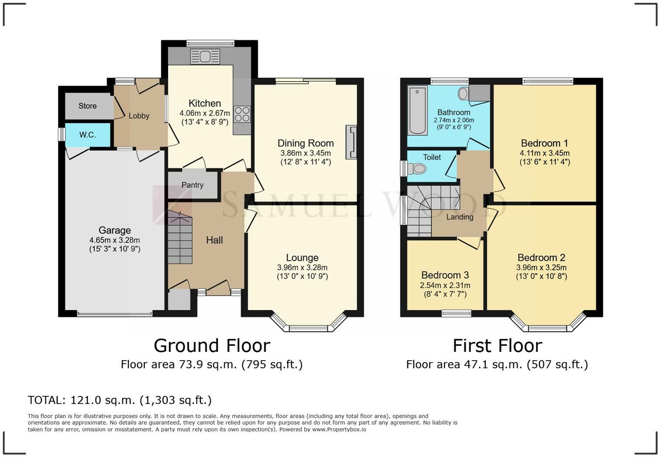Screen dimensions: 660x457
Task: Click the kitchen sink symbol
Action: pos(205,56)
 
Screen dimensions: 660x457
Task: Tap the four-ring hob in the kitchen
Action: pos(242,114)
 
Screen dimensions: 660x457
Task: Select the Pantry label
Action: pos(192,185)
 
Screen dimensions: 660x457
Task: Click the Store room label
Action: pos(87,106)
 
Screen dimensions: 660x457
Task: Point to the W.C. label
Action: pos(87,135)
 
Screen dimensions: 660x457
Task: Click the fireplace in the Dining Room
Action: pos(351,142)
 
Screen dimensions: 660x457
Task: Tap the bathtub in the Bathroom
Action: pos(417,110)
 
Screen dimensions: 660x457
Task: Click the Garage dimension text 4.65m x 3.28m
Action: pos(115,240)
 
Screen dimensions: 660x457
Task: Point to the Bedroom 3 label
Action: pos(445,275)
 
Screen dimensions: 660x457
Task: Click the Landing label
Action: pos(460,217)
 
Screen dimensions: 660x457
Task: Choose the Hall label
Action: pos(214,240)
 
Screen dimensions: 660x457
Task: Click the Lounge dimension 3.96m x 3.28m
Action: pos(302,267)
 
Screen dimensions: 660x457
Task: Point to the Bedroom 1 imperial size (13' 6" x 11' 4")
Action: pos(544,162)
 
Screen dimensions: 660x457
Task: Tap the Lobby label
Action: pos(139,116)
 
